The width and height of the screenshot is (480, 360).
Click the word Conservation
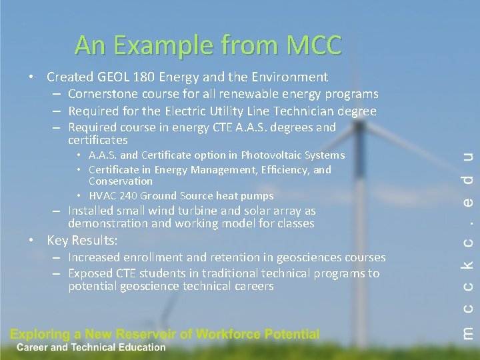[121, 181]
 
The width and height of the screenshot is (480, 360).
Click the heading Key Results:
[82, 240]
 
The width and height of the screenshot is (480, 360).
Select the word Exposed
[91, 273]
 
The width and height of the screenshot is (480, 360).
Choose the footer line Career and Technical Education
[91, 347]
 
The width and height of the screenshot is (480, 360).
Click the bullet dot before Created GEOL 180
[32, 77]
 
